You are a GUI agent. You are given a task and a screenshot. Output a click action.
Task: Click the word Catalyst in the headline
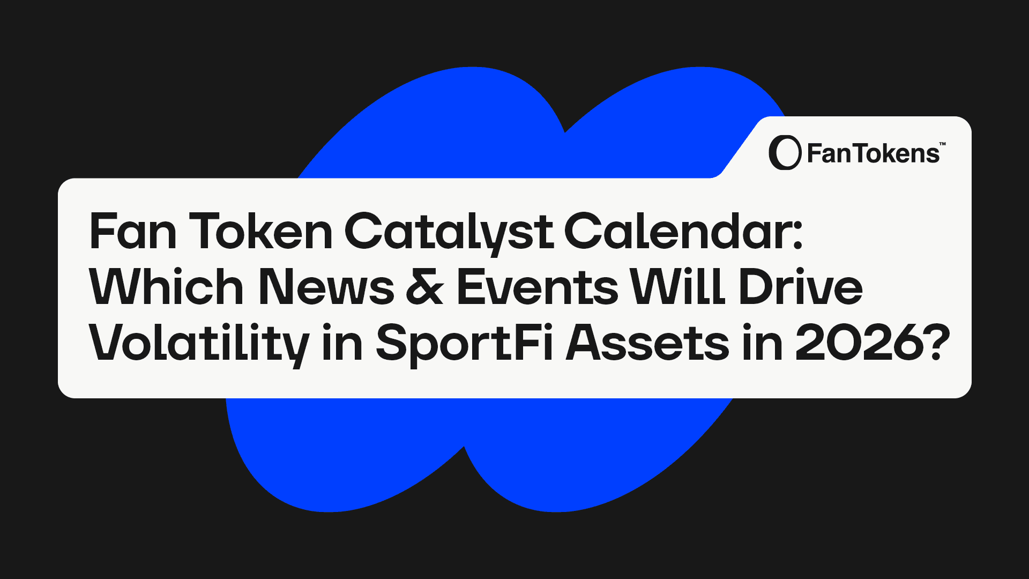449,232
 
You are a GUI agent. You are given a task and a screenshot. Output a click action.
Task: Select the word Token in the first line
261,231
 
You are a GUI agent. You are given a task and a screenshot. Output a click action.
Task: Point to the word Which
167,286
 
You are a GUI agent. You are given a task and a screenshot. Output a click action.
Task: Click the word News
326,287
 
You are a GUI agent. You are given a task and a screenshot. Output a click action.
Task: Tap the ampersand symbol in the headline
425,287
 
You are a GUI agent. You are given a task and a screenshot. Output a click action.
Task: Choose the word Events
538,287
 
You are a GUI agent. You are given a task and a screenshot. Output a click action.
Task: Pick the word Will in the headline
678,286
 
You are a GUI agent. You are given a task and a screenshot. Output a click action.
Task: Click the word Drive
801,287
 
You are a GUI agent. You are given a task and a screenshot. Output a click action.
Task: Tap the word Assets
647,343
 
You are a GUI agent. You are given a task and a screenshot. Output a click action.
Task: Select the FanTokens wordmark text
873,154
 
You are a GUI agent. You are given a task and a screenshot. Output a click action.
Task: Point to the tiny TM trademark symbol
943,144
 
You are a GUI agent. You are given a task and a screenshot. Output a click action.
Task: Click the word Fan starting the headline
133,231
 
